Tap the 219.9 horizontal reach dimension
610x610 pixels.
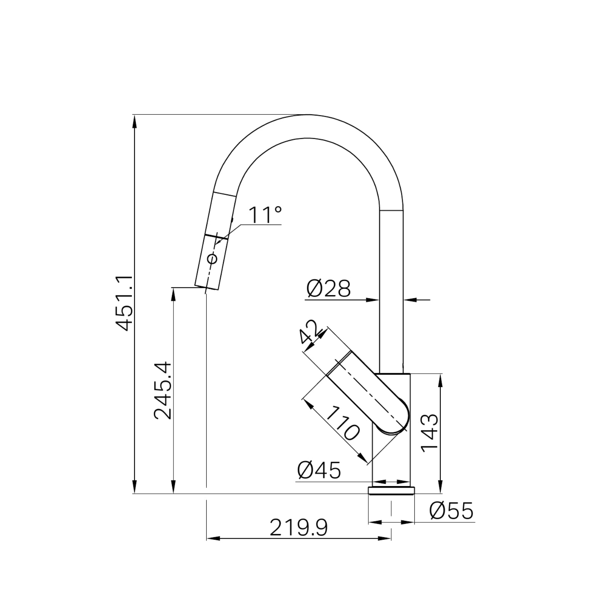coord(299,528)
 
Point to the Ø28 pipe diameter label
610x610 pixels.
coord(328,289)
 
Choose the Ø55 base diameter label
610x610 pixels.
coord(451,511)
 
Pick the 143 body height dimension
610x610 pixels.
coord(430,433)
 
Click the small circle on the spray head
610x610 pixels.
coord(212,259)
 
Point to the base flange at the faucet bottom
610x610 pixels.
coord(392,490)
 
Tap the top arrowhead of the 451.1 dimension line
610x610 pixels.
coord(134,121)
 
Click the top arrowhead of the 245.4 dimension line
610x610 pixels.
coord(173,294)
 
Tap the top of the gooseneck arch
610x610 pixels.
coord(307,115)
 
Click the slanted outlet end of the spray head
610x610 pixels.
coord(207,288)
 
